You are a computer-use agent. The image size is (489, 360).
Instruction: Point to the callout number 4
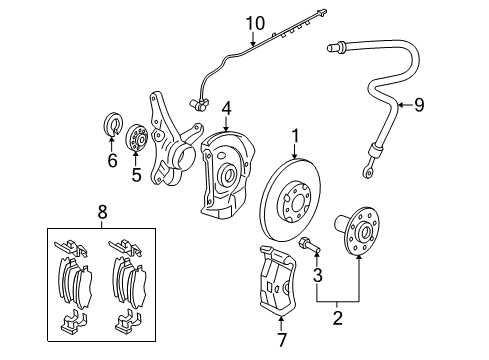pyautogui.click(x=227, y=107)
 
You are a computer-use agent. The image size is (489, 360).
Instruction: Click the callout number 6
pyautogui.click(x=112, y=160)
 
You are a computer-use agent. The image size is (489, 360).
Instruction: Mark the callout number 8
pyautogui.click(x=100, y=212)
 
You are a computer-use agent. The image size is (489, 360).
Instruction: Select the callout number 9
pyautogui.click(x=420, y=104)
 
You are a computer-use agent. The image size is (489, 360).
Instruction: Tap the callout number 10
pyautogui.click(x=254, y=22)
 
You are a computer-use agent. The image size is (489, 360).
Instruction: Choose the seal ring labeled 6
pyautogui.click(x=113, y=125)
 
